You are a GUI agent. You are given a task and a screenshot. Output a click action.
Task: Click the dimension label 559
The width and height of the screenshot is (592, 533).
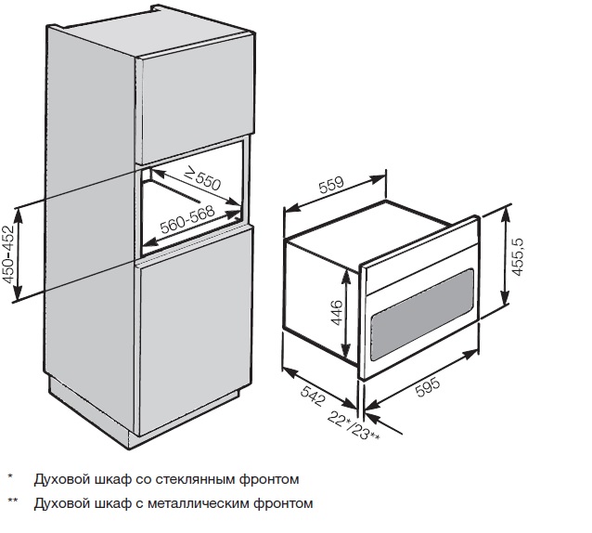[331, 185]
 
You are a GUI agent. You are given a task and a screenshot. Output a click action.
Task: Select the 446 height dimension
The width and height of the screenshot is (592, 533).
[336, 312]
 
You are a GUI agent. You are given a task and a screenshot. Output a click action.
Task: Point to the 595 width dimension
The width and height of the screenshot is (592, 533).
[428, 387]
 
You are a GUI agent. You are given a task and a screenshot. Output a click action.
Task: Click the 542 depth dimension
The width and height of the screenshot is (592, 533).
[313, 395]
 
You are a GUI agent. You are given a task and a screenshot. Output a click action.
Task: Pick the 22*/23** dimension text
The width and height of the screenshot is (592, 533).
[353, 425]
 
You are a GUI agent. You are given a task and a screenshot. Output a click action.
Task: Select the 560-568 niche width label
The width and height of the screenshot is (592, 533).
[187, 219]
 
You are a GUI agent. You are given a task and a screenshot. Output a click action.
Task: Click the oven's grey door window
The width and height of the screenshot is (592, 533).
[422, 314]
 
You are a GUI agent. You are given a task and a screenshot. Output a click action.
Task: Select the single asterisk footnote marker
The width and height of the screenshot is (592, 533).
[10, 476]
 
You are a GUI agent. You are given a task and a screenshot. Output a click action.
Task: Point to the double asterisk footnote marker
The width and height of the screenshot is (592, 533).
[12, 500]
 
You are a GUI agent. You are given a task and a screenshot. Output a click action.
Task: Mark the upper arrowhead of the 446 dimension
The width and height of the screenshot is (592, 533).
[345, 275]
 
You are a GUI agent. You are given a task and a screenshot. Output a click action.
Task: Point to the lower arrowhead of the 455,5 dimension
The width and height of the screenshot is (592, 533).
[505, 299]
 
